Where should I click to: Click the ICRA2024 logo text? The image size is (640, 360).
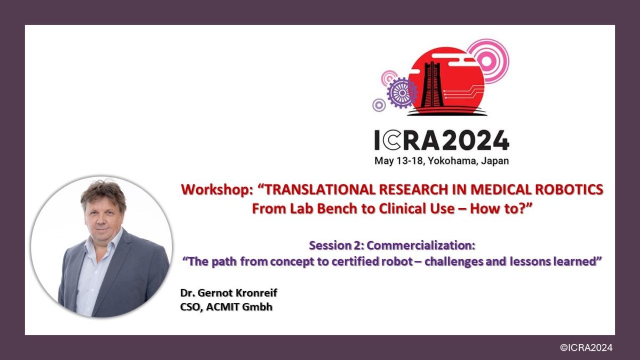[x=441, y=140]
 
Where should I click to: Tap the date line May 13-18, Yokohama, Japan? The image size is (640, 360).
[x=441, y=161]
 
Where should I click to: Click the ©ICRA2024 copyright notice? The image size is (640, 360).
[x=586, y=347]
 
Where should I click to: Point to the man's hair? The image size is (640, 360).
[x=103, y=191]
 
